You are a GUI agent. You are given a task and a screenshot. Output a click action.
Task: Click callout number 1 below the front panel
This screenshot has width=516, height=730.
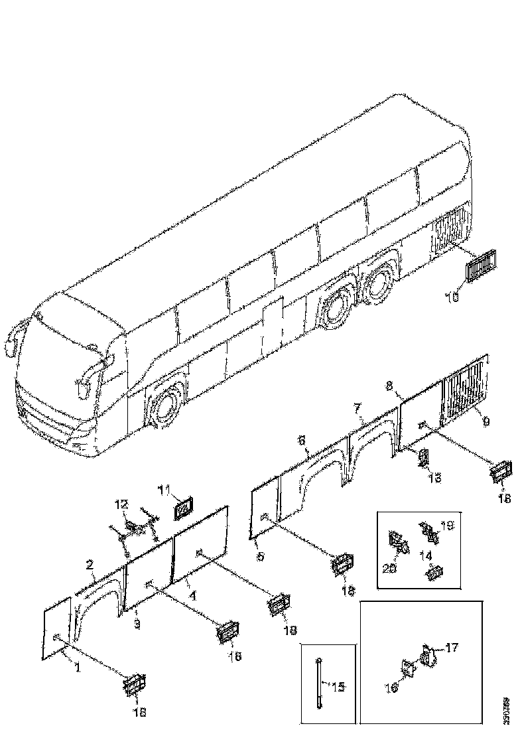tap(78, 668)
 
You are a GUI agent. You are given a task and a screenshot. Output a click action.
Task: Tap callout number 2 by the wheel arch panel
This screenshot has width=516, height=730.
tap(90, 565)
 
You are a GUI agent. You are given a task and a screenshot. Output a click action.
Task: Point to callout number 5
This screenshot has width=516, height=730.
tap(260, 556)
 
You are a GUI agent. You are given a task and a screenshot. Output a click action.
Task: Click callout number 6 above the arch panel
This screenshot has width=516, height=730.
tap(302, 440)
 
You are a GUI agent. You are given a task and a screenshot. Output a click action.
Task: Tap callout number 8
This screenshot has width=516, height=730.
tap(389, 385)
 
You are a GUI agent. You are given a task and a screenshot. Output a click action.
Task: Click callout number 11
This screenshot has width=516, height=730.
tap(164, 490)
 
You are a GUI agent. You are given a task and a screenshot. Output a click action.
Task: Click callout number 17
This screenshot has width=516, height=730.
tap(452, 645)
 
